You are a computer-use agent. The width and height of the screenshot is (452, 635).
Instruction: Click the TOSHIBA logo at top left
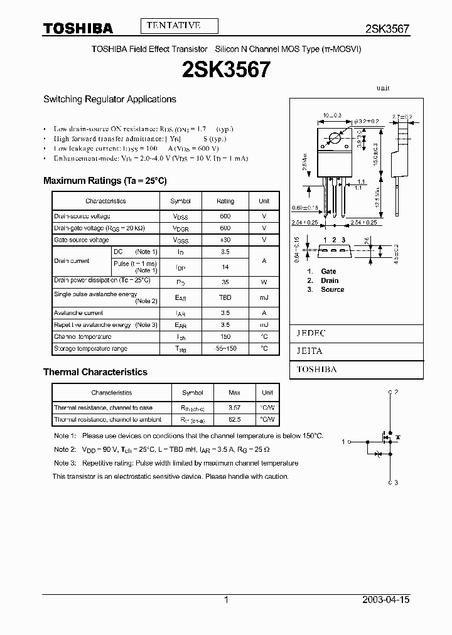[x=78, y=28]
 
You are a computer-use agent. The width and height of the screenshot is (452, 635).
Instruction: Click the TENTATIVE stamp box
[x=179, y=26]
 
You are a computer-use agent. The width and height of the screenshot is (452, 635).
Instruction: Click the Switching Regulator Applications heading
[x=109, y=99]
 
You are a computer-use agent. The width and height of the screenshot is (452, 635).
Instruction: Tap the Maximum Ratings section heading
[x=105, y=181]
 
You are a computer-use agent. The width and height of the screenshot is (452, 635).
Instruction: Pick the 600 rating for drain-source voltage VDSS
[x=225, y=216]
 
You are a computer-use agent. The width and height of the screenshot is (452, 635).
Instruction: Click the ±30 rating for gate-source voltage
[x=225, y=240]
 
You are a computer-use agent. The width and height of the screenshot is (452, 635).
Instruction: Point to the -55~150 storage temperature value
[x=225, y=348]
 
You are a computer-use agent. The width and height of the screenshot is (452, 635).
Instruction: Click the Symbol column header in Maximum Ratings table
[x=180, y=201]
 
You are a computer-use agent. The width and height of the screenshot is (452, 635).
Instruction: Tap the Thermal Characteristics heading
[x=95, y=372]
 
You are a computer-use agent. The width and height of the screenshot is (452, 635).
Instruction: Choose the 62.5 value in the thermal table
[x=234, y=420]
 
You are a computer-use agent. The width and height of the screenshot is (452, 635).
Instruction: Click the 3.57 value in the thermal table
[x=234, y=408]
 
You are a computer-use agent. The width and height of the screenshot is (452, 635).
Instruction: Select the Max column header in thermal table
[x=234, y=393]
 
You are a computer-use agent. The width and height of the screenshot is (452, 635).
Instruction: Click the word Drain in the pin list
[x=330, y=280]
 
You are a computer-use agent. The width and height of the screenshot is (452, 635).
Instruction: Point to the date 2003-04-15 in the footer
[x=385, y=600]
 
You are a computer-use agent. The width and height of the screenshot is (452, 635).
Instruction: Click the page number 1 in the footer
[x=226, y=600]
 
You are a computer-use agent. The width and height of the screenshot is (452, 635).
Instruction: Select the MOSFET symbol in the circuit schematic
[x=381, y=442]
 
